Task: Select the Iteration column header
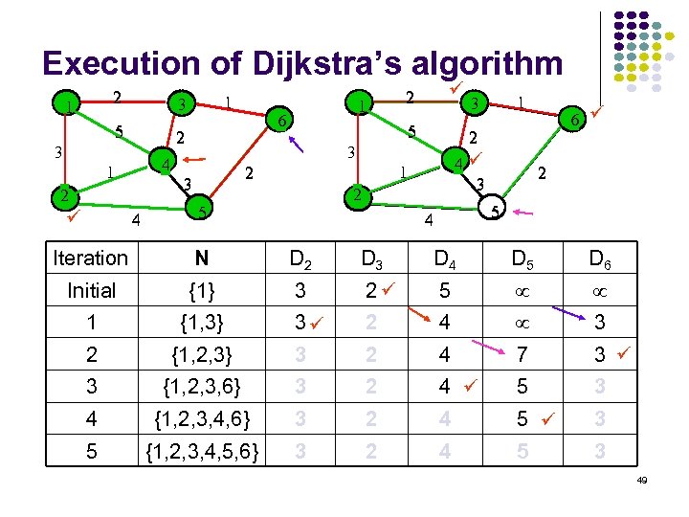click(91, 258)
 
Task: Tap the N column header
click(201, 258)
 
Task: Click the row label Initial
click(91, 290)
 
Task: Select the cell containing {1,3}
click(201, 323)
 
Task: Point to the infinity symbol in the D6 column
click(598, 290)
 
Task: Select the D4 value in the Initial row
click(443, 290)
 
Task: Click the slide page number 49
click(641, 493)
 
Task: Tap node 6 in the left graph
click(279, 121)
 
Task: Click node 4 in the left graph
click(166, 164)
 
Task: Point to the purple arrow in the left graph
click(297, 145)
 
